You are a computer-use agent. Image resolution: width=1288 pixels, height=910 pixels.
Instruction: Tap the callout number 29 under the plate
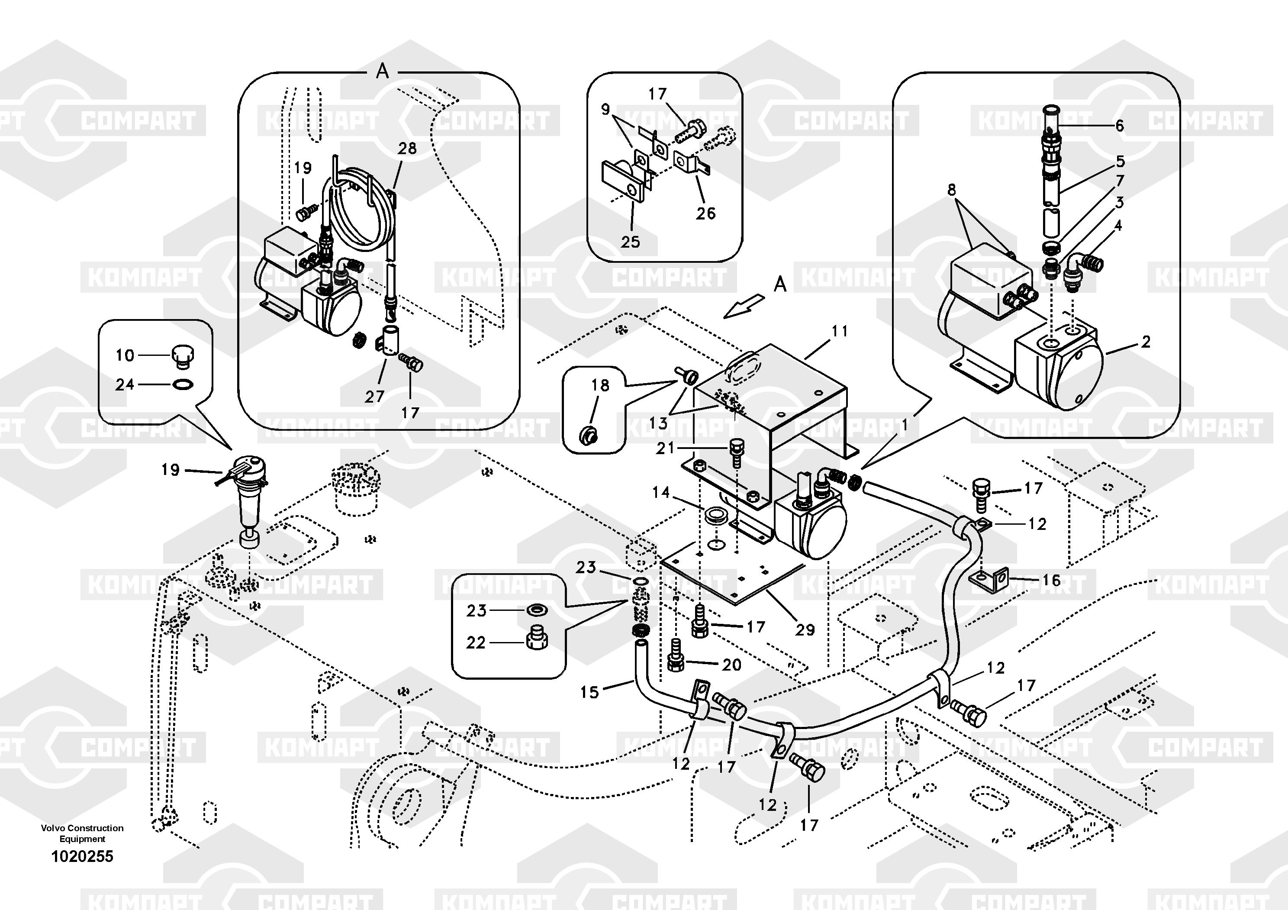805,629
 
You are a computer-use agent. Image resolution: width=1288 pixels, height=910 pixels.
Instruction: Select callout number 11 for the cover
839,331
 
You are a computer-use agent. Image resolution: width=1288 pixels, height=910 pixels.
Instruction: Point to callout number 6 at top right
1119,126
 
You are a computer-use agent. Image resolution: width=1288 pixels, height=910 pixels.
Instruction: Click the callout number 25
630,242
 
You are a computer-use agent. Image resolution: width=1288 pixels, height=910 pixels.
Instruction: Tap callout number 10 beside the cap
125,355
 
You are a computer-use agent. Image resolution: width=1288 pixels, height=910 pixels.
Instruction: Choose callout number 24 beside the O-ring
125,384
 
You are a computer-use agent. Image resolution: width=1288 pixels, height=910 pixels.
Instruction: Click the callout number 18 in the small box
600,385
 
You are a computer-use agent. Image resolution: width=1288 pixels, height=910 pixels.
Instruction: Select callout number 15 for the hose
589,692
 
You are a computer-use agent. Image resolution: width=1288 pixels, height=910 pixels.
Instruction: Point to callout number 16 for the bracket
1051,580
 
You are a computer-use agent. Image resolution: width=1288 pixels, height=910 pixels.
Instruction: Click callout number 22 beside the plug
476,642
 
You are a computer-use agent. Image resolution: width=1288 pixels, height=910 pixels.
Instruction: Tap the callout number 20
731,665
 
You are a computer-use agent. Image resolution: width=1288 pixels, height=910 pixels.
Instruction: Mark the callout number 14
661,492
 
